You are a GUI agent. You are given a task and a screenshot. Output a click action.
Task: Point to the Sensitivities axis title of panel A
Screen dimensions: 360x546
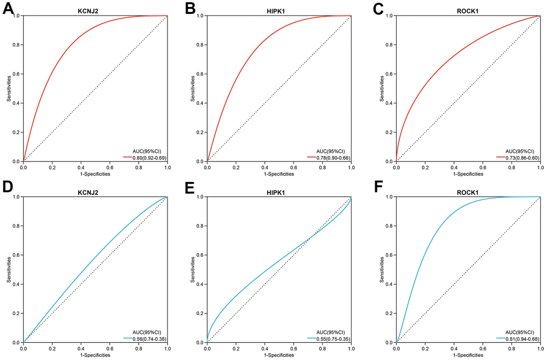(9, 88)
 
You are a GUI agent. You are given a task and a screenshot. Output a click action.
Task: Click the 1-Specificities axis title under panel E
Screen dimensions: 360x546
(279, 355)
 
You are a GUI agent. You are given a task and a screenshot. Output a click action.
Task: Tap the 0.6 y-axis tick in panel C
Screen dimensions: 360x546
(390, 74)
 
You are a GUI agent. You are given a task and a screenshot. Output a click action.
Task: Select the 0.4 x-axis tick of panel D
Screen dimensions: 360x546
(81, 348)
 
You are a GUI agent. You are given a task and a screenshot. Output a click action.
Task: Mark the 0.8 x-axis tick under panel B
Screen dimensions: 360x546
(322, 167)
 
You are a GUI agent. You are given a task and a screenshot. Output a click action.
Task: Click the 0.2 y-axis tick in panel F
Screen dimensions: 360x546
(390, 313)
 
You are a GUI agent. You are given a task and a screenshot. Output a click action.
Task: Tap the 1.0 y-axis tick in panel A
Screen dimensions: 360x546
(17, 16)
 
